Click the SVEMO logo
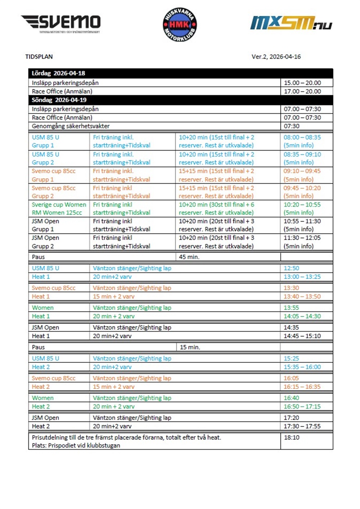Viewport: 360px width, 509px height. [x=60, y=23]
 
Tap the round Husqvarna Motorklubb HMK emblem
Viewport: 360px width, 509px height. [x=180, y=25]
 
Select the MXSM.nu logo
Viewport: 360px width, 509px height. [x=291, y=23]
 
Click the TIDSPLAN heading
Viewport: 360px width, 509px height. [x=39, y=57]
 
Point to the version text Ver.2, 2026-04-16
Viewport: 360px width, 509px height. [x=276, y=57]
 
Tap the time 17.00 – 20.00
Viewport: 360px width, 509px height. [x=302, y=91]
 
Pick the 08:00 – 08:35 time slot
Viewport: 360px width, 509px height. [x=302, y=137]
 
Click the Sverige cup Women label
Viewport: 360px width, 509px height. [x=59, y=205]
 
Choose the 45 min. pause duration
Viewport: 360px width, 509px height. [x=189, y=257]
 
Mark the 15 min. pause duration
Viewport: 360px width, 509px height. [x=190, y=347]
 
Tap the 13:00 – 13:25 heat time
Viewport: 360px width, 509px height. [x=302, y=277]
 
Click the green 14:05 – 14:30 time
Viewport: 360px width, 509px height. [x=302, y=316]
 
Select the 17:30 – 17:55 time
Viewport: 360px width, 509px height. [x=302, y=426]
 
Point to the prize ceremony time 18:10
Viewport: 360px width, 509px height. [x=291, y=437]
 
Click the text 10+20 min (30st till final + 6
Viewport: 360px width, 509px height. [x=216, y=205]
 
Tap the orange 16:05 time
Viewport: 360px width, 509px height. [x=291, y=378]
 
